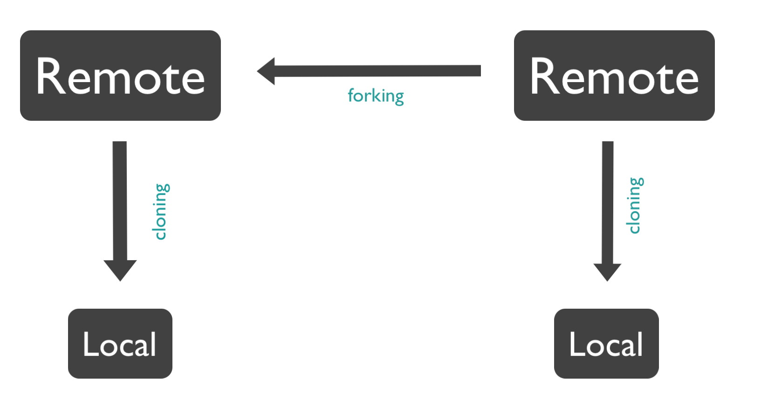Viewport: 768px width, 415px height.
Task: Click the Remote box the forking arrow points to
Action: tap(120, 76)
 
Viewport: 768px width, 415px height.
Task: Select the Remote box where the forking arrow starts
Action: tap(614, 76)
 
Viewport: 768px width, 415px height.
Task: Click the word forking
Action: tap(376, 96)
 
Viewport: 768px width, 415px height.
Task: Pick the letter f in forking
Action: tap(351, 95)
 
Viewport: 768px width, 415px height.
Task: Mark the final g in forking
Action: tap(399, 97)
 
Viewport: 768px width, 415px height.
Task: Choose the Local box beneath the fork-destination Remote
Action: tap(120, 344)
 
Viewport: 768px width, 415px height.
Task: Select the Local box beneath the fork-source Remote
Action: tap(606, 344)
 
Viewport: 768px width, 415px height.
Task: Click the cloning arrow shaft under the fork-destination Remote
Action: tap(120, 201)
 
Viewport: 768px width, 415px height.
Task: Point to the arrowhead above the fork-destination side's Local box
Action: tap(120, 270)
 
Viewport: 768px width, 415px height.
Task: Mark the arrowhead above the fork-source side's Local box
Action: tap(607, 271)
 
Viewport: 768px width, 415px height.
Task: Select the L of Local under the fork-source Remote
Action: tap(576, 344)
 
